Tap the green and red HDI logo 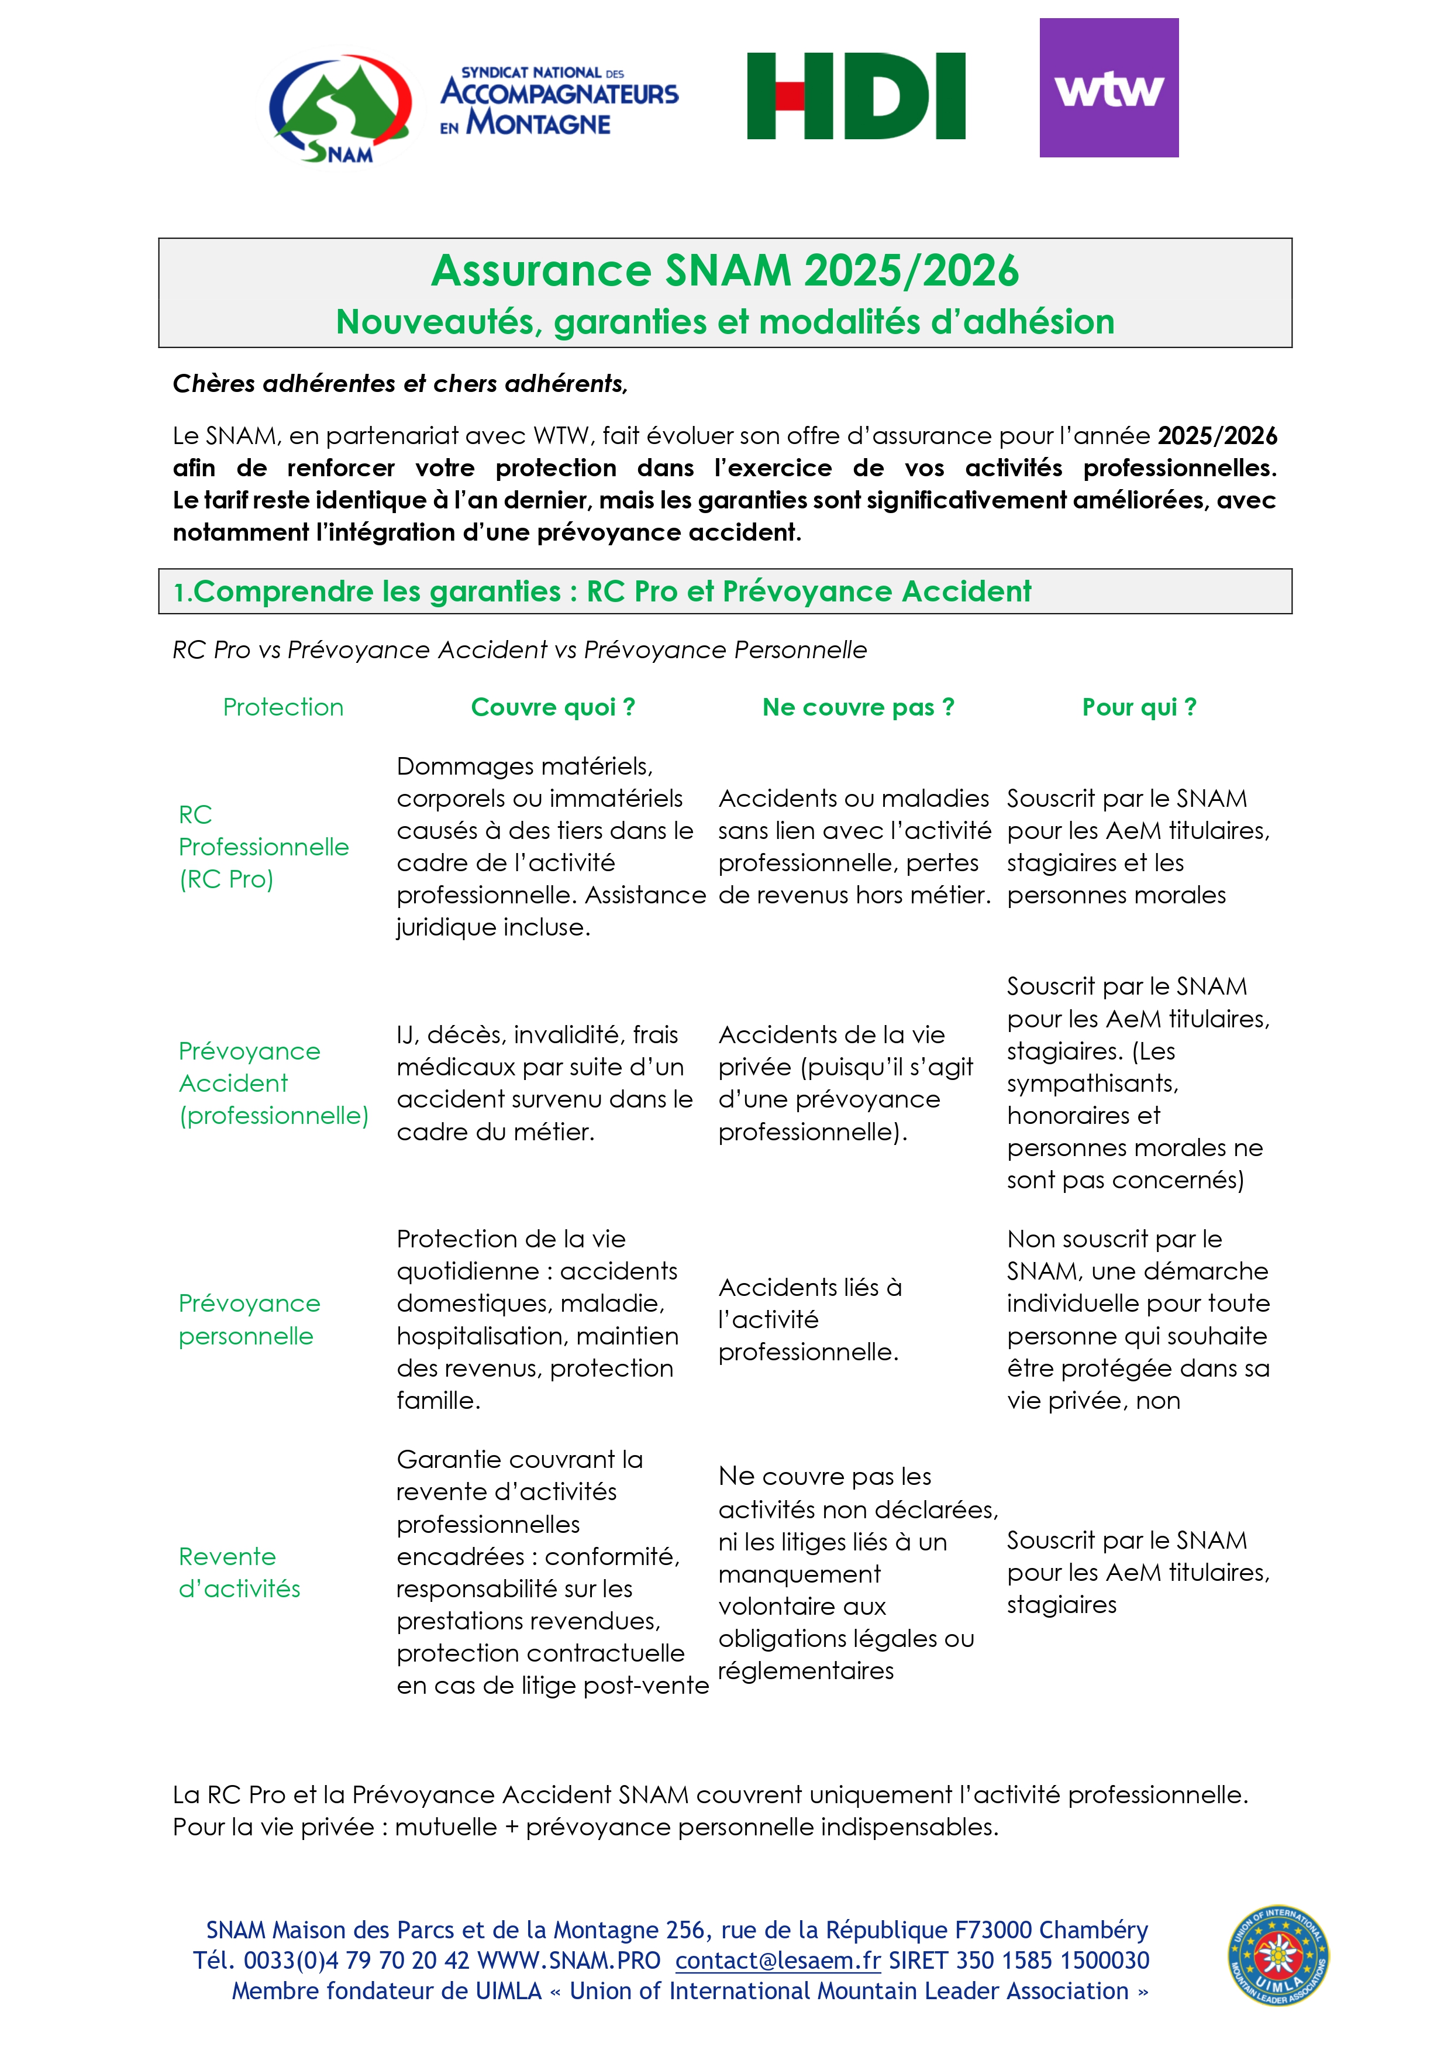tap(856, 96)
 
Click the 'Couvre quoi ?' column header tap(553, 707)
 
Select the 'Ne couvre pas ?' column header tap(859, 707)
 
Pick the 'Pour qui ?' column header tap(1139, 707)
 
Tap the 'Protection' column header tap(284, 707)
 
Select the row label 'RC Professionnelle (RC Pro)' tap(264, 847)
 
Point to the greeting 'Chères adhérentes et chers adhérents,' tap(401, 384)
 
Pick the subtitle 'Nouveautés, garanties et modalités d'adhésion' tap(725, 322)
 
